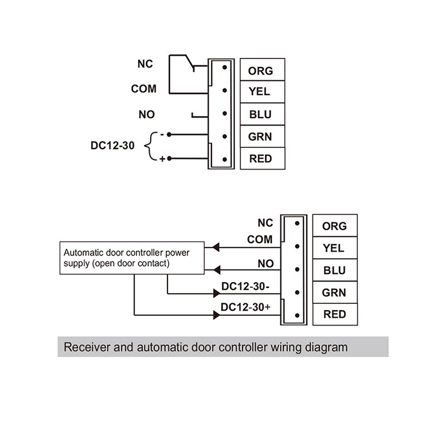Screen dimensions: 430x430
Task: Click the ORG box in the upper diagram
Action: click(262, 71)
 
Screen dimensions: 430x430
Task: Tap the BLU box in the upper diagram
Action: click(262, 114)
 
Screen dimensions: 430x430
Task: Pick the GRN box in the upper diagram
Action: click(262, 136)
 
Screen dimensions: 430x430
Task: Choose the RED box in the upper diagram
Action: click(262, 159)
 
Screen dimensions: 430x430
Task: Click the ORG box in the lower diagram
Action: click(334, 226)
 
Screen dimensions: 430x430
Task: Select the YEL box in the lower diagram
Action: click(334, 248)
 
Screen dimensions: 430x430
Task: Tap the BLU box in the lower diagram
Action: click(334, 270)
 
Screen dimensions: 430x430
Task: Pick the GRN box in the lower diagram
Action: click(334, 292)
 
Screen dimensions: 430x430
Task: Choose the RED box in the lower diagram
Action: click(334, 314)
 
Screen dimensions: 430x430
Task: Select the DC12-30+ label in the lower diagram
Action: click(245, 308)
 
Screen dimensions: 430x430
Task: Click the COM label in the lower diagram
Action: click(260, 240)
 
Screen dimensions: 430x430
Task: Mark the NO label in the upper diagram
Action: click(146, 115)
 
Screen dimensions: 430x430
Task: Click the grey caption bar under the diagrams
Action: click(222, 347)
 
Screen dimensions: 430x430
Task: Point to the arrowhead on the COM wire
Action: click(216, 248)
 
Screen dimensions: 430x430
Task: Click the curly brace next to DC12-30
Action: click(150, 146)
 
